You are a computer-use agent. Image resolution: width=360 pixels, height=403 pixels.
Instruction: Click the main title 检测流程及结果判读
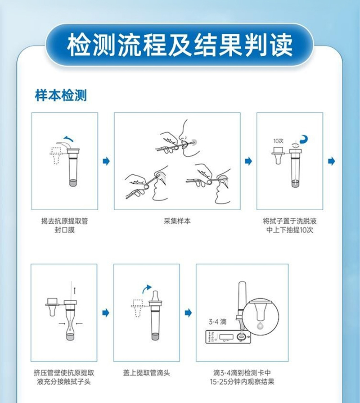click(x=180, y=44)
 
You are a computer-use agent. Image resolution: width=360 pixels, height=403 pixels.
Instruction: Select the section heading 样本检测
click(x=61, y=95)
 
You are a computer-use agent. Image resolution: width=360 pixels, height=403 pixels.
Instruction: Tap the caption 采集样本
click(x=177, y=221)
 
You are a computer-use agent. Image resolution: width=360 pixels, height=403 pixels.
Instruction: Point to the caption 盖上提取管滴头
click(x=146, y=373)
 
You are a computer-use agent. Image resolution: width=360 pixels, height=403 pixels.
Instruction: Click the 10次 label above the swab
click(x=279, y=141)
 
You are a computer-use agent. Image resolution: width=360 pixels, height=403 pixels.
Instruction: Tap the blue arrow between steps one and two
click(x=106, y=161)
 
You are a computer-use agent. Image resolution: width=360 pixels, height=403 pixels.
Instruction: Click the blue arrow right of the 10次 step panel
click(x=332, y=161)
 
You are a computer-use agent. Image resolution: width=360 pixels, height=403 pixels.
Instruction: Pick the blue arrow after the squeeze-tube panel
click(x=106, y=312)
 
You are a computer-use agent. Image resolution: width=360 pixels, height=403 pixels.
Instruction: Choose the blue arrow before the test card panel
click(x=188, y=312)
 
